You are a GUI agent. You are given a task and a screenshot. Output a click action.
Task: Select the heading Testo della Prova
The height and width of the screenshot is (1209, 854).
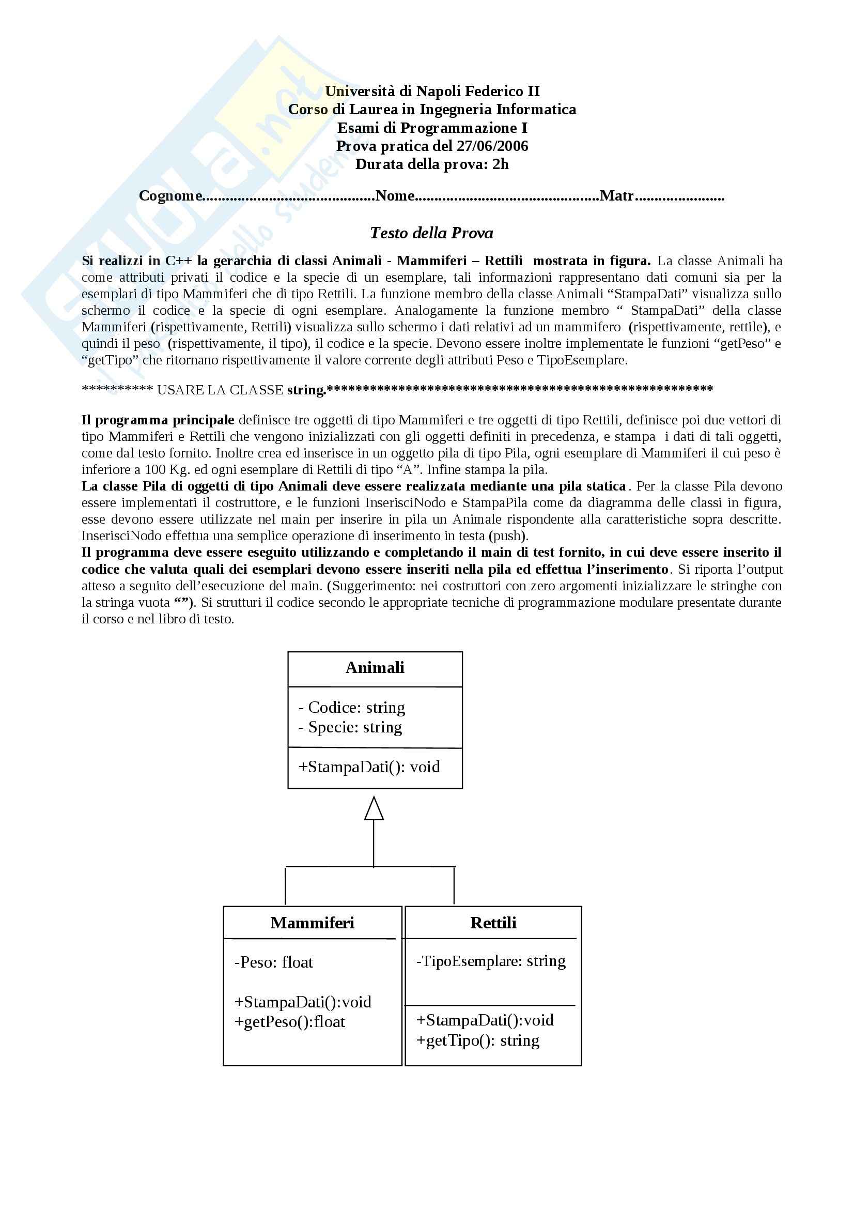431,233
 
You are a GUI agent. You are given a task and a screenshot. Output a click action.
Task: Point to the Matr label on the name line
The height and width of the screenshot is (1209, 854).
617,196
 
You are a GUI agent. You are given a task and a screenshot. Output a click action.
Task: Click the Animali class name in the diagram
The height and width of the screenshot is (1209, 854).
375,668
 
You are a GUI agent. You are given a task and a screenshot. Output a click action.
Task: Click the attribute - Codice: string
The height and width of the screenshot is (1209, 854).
351,707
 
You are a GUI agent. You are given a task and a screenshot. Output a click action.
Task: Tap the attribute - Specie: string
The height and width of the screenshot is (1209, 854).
350,727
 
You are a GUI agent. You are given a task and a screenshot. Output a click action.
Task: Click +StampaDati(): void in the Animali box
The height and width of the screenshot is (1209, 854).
369,767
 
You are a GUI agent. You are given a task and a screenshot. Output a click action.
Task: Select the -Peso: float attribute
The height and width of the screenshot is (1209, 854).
274,962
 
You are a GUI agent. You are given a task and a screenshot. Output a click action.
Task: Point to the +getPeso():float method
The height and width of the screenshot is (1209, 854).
289,1022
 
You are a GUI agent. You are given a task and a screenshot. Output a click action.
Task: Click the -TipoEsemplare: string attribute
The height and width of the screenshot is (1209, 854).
490,961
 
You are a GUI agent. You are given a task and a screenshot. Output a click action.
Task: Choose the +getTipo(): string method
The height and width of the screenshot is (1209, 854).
478,1040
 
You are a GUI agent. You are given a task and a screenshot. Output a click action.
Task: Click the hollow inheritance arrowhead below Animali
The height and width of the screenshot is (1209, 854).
374,808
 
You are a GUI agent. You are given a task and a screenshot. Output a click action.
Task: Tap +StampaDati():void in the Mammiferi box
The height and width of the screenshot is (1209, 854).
303,1002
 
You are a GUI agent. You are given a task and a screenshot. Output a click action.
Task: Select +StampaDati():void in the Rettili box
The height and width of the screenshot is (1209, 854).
485,1020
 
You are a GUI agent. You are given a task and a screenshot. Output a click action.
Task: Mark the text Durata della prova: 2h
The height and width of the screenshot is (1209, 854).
432,164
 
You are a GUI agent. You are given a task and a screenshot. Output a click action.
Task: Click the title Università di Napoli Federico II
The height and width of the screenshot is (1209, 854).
432,91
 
